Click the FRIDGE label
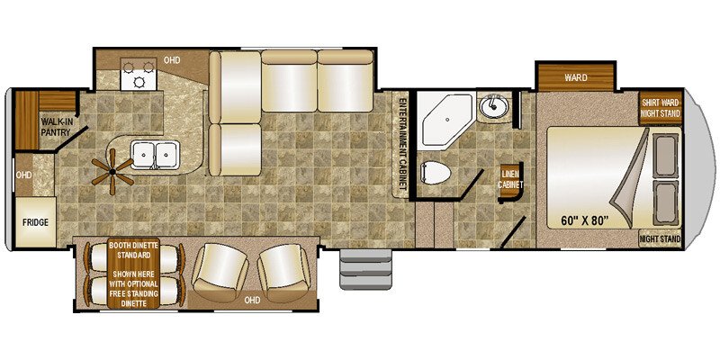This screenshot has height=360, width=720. point(35,222)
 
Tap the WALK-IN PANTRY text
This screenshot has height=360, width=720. point(55,127)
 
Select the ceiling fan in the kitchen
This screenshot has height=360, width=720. point(112,172)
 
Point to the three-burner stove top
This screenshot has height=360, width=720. point(138,74)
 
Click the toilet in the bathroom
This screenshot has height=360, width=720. point(435,173)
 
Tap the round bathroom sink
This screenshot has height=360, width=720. point(492,106)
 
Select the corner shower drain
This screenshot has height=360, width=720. point(447,120)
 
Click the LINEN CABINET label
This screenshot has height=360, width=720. point(510,180)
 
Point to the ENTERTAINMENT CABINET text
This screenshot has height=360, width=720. point(402,144)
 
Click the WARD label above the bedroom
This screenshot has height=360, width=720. point(576,77)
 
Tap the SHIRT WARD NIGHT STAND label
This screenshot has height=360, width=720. point(661,108)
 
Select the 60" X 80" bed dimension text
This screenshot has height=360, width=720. point(584,220)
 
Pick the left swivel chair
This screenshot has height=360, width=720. point(220,272)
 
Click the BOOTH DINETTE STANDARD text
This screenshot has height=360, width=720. point(133,250)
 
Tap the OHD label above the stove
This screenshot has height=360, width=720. point(172,60)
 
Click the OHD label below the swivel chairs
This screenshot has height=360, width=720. point(252,301)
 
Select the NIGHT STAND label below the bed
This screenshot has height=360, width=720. point(661,239)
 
